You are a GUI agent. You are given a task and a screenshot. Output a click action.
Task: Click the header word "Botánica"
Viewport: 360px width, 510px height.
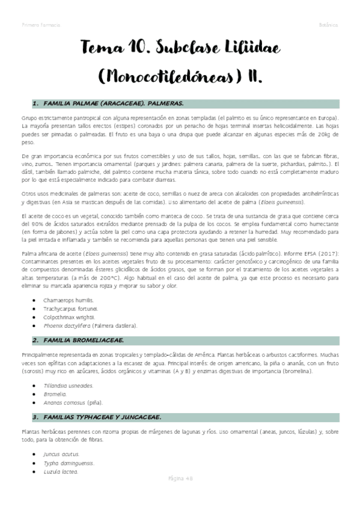[328, 25]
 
